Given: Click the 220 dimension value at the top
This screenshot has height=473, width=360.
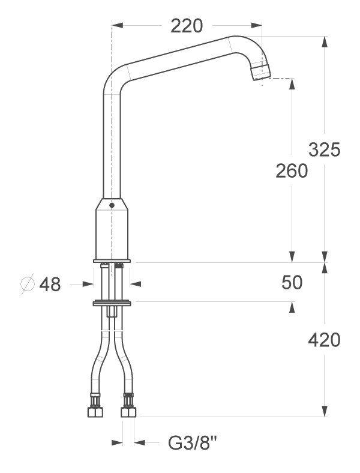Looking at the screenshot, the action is point(187,26).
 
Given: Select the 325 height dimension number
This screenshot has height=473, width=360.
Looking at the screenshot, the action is point(324,149).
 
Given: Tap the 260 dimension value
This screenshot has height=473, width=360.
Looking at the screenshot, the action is point(292,170).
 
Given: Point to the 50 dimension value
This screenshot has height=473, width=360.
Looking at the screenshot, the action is point(292,283).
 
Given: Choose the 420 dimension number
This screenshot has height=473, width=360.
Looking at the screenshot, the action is point(324,340).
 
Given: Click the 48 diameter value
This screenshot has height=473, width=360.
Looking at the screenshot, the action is point(50,284).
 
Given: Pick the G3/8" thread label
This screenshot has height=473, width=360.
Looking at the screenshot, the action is point(193,443).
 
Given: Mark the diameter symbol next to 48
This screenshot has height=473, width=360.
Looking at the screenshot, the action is point(28,284).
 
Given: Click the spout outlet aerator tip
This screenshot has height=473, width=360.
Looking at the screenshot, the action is point(260,71).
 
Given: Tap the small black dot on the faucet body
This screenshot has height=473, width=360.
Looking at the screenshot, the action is point(112,205).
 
